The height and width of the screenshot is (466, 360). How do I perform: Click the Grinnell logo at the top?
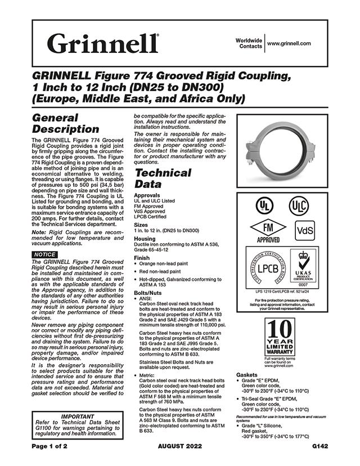[x=103, y=43]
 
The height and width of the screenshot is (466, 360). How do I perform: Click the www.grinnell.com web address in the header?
[x=289, y=43]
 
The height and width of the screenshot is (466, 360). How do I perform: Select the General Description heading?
[x=66, y=123]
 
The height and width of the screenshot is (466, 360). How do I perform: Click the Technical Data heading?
[x=163, y=178]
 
